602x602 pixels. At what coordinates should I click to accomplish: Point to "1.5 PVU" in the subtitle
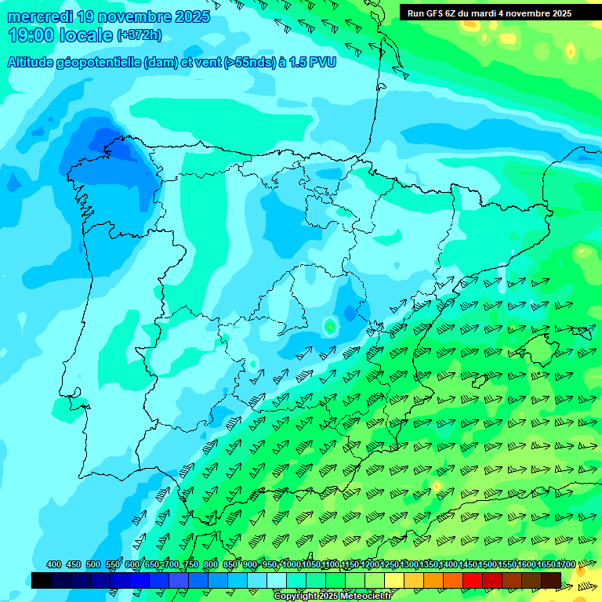click(x=310, y=62)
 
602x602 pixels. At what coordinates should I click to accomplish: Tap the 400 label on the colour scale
click(x=54, y=565)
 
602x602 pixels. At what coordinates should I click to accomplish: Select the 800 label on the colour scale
click(x=211, y=565)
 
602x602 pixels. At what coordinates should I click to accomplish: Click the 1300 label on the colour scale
click(x=409, y=565)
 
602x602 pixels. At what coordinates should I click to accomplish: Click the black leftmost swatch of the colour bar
click(x=42, y=580)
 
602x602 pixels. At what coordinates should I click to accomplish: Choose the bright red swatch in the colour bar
click(x=473, y=580)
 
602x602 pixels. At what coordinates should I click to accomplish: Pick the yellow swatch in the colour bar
click(x=394, y=580)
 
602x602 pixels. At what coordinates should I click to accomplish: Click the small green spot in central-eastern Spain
click(x=330, y=325)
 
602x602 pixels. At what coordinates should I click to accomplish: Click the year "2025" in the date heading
click(x=190, y=16)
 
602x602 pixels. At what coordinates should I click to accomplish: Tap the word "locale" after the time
click(x=88, y=35)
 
